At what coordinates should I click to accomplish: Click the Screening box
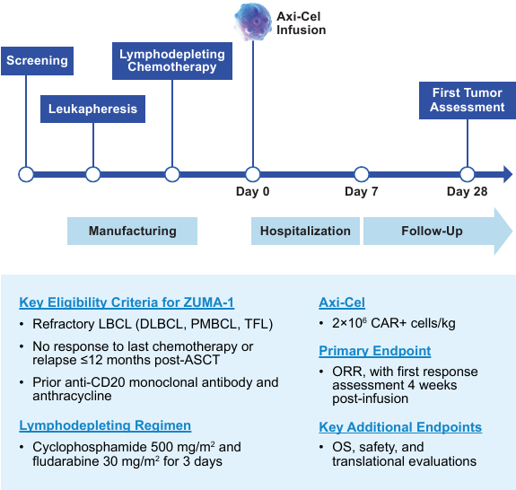point(37,61)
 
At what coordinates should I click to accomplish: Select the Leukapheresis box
point(93,109)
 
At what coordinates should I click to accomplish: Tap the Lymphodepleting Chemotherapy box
point(172,61)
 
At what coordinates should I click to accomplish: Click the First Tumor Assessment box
point(467,100)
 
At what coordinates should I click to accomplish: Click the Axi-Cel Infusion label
point(300,22)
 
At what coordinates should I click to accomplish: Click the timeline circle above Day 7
point(361,174)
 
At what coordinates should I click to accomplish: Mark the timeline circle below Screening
point(26,174)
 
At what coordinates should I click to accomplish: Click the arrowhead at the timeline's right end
point(507,174)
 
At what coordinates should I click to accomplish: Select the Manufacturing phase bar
point(132,231)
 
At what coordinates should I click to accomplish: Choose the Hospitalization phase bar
point(305,231)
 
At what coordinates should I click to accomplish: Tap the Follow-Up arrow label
point(433,231)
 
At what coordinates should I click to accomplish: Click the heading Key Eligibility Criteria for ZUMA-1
point(127,302)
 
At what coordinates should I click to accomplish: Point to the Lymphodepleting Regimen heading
point(105,425)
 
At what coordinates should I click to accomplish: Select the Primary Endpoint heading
point(375,351)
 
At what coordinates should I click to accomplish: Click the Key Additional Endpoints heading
point(400,427)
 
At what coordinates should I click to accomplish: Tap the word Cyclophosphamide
point(83,446)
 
